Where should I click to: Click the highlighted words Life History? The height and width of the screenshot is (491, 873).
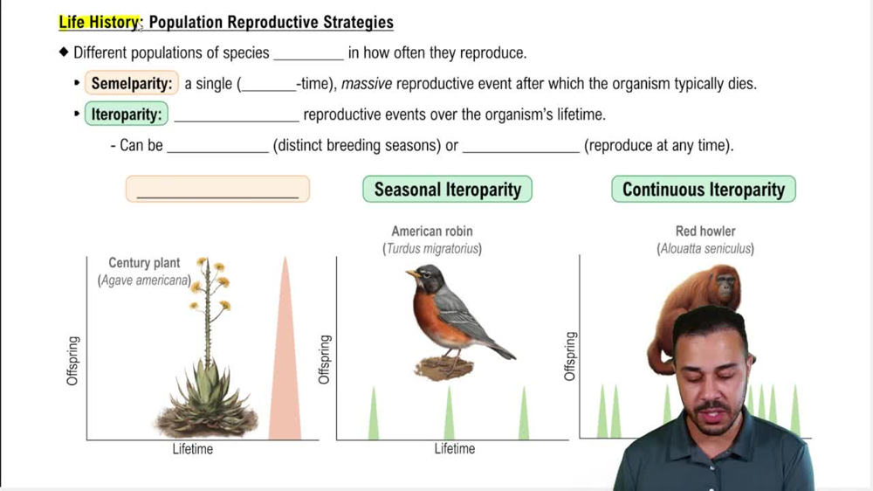(x=99, y=23)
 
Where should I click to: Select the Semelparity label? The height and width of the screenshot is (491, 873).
(x=132, y=84)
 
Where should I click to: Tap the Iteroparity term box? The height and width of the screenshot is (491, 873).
(x=127, y=114)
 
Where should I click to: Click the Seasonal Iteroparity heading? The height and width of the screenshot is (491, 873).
(x=447, y=190)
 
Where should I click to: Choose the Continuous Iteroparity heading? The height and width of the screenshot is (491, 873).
(x=703, y=190)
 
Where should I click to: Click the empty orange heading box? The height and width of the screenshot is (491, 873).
(x=217, y=189)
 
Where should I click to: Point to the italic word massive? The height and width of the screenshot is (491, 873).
(x=366, y=84)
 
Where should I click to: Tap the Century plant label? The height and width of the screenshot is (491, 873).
(x=144, y=262)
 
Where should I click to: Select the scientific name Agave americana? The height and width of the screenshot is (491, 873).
(x=145, y=280)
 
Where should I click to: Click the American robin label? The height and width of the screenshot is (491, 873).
(x=431, y=232)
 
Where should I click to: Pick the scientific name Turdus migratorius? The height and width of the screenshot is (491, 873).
(x=431, y=249)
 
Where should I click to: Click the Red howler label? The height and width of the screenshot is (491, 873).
(x=705, y=232)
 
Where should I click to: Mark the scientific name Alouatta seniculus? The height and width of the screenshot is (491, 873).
(x=705, y=249)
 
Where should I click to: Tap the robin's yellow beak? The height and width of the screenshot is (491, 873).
(x=411, y=274)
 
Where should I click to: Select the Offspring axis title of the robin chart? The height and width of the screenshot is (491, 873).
(x=325, y=359)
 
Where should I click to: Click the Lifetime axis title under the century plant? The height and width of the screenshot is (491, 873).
(x=192, y=449)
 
